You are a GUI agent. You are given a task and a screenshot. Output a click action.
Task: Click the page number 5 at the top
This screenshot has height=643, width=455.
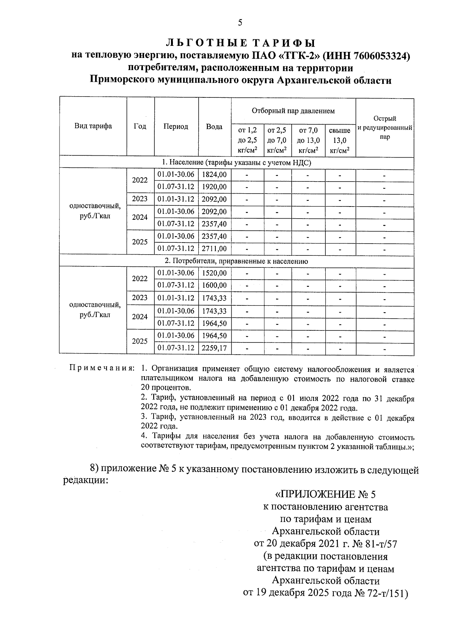(x=240, y=23)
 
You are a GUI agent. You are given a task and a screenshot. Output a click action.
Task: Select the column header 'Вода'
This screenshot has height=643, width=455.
(x=214, y=127)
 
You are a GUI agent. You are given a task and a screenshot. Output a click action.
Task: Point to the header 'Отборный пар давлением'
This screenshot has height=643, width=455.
(x=293, y=111)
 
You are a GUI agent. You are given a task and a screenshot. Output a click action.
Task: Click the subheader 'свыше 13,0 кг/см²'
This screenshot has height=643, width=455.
(x=340, y=141)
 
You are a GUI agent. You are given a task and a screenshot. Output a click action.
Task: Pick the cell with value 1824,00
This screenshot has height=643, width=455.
(x=214, y=175)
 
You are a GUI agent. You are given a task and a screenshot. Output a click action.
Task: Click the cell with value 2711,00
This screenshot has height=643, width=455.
(x=214, y=249)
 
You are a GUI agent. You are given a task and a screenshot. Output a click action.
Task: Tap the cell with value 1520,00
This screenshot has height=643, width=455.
(x=214, y=273)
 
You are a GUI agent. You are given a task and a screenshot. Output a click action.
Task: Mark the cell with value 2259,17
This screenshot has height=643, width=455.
(x=214, y=348)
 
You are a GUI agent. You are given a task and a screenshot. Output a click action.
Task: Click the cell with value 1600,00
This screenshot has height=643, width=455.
(x=214, y=285)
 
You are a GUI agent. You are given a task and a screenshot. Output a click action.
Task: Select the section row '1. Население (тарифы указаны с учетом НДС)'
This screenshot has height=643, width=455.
(x=236, y=163)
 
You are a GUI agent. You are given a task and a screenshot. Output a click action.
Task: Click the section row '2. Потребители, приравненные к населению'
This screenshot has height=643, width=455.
(x=236, y=261)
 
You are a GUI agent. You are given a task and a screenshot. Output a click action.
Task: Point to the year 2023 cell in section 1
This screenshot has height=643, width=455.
(x=140, y=199)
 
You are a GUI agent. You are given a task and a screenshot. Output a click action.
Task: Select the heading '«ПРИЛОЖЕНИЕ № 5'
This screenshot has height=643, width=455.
(x=326, y=494)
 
